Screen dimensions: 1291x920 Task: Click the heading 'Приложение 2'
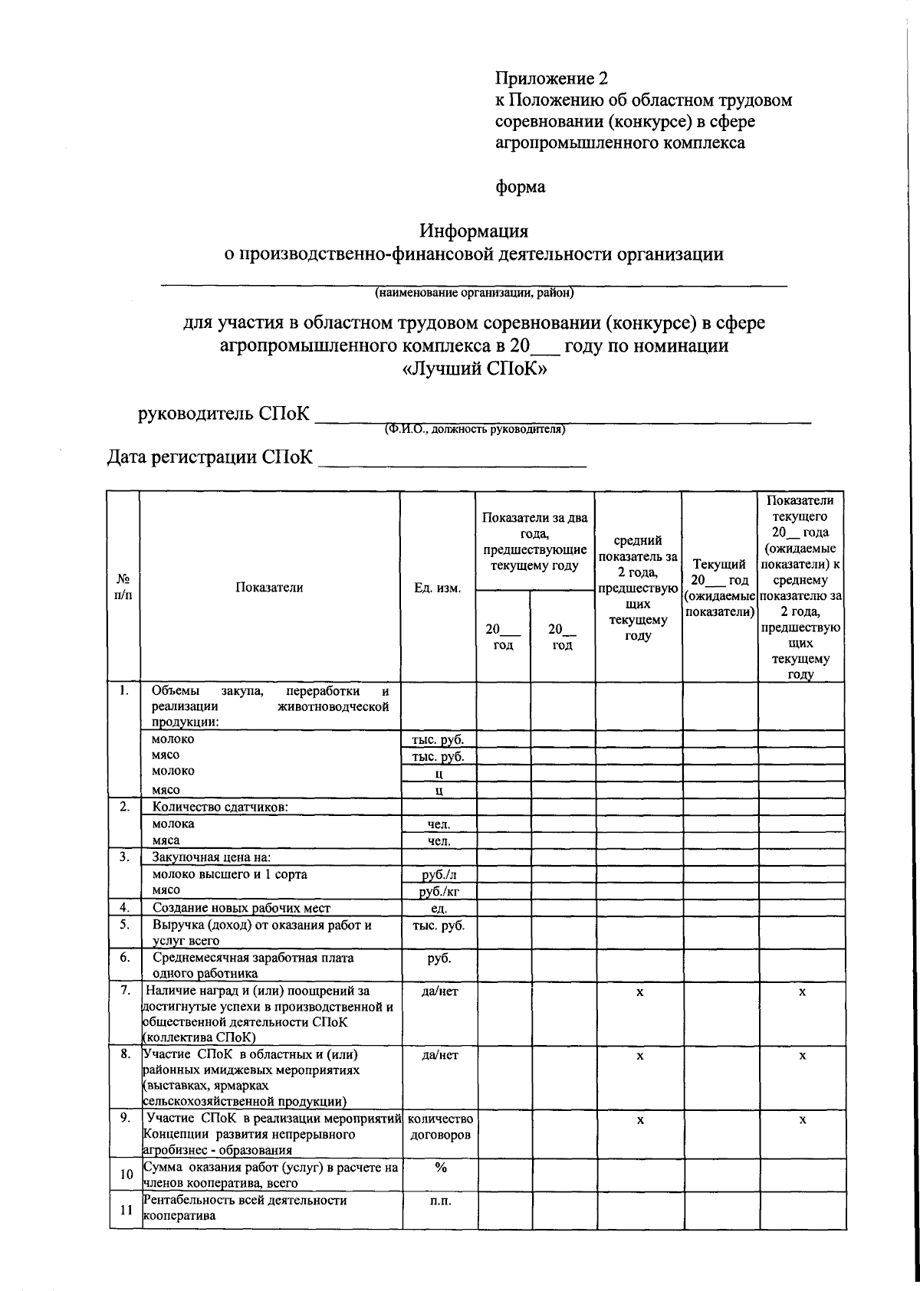pos(551,79)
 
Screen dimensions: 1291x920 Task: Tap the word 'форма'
pos(521,187)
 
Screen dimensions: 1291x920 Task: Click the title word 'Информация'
pos(473,231)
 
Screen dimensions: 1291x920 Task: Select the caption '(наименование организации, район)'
pos(474,293)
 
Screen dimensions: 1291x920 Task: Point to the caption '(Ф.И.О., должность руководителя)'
pos(475,429)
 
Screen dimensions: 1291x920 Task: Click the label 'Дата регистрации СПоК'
pos(209,458)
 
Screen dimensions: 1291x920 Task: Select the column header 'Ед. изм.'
pos(438,588)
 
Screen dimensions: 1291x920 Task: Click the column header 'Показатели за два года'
pos(534,541)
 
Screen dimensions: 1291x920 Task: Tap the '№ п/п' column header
pos(123,588)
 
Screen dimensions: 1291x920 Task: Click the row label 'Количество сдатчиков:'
pos(220,807)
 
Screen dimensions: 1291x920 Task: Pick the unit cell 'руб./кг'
pos(438,891)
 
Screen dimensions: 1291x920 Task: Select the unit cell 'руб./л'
pos(438,874)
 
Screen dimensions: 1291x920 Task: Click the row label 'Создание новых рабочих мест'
pos(242,908)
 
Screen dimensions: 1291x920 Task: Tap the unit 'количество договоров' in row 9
pos(439,1127)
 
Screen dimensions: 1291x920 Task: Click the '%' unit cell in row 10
pos(440,1167)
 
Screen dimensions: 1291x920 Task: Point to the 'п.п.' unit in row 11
pos(440,1201)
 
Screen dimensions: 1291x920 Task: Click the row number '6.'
pos(124,957)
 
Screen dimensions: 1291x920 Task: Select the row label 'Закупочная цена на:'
pos(212,857)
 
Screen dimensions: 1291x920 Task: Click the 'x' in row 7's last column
pos(802,991)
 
